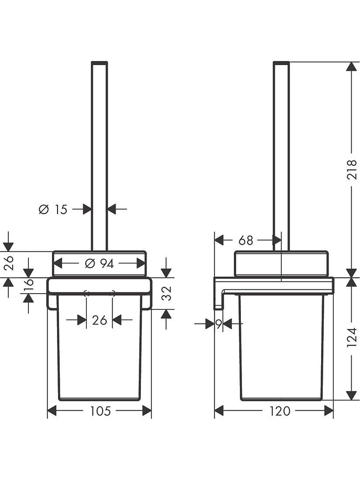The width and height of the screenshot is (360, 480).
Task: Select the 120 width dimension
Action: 280,411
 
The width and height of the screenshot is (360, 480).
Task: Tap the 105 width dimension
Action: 100,411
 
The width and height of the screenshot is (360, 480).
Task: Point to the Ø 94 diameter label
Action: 99,264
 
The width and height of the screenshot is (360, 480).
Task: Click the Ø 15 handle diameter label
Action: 53,209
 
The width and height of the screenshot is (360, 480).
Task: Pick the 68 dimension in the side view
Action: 246,240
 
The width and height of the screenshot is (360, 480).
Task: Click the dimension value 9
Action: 218,323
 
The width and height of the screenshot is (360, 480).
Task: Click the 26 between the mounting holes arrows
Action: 99,320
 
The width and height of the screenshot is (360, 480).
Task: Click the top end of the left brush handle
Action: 99,63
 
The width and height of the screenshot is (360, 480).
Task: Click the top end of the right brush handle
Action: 281,63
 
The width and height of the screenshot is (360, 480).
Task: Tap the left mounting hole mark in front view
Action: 86,293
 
